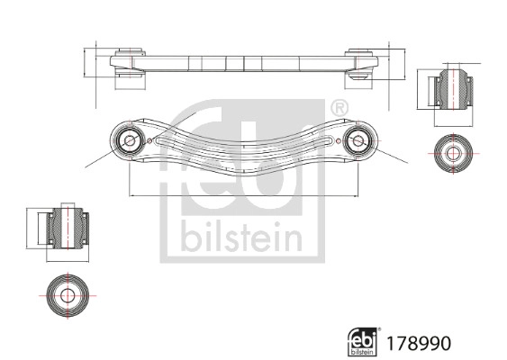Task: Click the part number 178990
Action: tap(417, 343)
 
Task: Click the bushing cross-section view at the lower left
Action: tap(67, 229)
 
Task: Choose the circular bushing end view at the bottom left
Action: tap(68, 294)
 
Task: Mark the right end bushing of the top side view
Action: tap(359, 67)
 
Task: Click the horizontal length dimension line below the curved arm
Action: tap(243, 194)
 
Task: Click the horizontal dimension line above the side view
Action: tap(243, 43)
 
